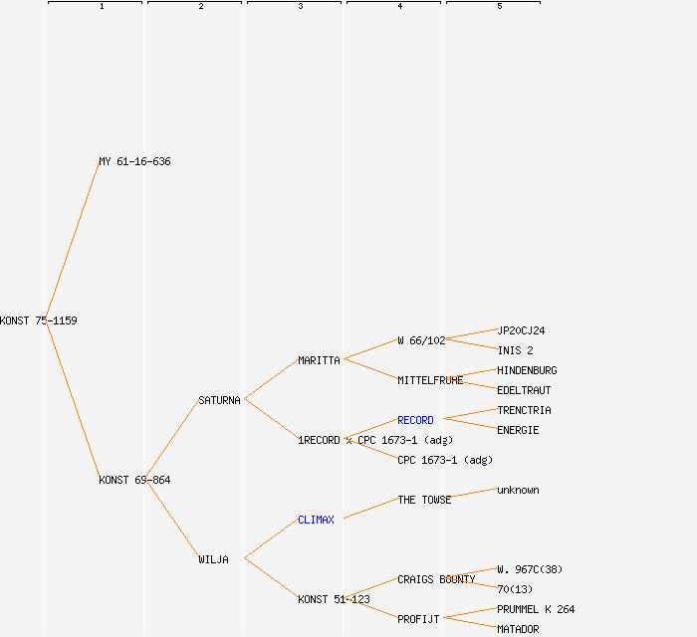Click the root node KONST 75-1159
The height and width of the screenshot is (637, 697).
click(39, 320)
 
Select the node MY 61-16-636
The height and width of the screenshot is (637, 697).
click(134, 161)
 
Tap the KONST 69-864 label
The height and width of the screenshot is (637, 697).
click(134, 480)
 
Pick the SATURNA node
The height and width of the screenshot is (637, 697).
click(219, 400)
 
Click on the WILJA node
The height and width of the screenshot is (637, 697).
click(213, 559)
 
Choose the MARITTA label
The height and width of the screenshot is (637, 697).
click(319, 360)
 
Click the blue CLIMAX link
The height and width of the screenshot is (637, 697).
click(316, 520)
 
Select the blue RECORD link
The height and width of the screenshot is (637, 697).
click(415, 420)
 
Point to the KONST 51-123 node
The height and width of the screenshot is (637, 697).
click(334, 599)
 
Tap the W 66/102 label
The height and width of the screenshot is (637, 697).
click(421, 340)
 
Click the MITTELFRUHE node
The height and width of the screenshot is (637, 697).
click(430, 380)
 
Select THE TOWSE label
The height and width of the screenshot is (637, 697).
click(424, 500)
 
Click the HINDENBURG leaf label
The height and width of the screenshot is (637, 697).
click(527, 370)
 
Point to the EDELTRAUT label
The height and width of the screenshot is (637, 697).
click(524, 390)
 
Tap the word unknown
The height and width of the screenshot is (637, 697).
click(518, 490)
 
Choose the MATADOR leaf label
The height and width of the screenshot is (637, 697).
click(518, 629)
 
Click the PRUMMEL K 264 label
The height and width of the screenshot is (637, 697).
click(536, 609)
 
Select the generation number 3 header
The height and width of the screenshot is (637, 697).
click(300, 7)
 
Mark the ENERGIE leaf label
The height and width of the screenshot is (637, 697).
click(518, 430)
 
